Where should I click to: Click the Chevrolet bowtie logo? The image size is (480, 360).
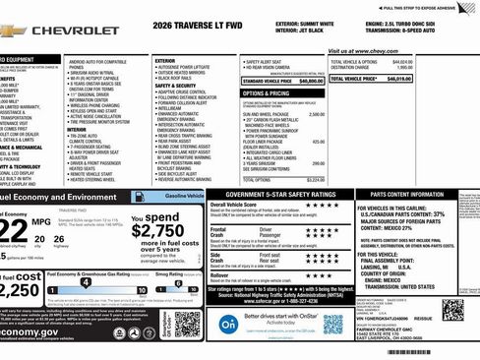[12, 30]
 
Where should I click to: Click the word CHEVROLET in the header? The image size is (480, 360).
[76, 30]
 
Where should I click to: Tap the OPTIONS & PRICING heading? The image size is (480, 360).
[266, 93]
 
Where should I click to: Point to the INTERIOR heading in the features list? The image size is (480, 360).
[77, 129]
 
